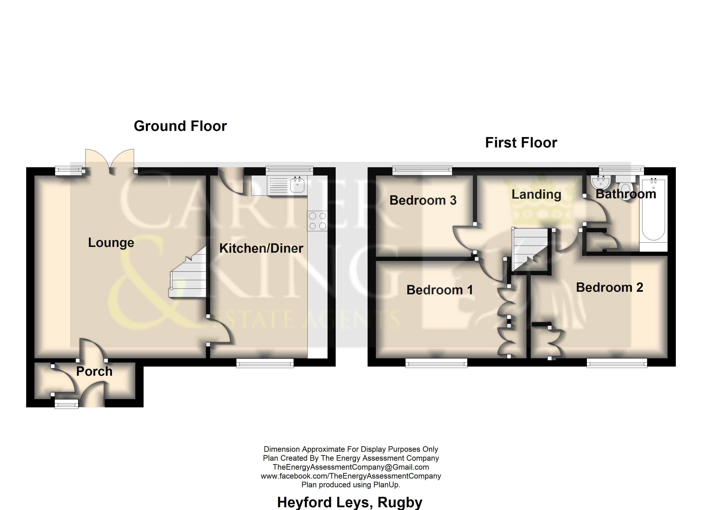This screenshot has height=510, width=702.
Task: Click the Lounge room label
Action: pos(111,243)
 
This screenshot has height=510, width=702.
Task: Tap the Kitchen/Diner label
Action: pos(261,248)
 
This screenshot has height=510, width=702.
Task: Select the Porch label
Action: pos(94,371)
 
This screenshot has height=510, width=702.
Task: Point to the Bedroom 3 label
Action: pos(423,200)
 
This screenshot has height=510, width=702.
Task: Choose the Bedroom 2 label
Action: pos(610,288)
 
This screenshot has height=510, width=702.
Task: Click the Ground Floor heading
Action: pos(180,126)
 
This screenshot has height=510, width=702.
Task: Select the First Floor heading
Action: pos(521,143)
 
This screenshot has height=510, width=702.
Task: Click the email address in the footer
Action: pos(351,467)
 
